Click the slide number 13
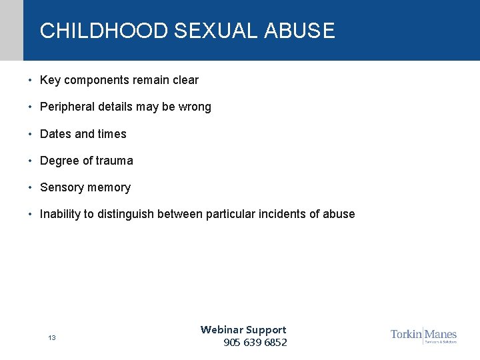click(51, 338)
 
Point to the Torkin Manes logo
click(423, 335)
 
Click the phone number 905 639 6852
click(255, 343)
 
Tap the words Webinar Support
click(243, 329)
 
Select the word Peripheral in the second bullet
click(67, 107)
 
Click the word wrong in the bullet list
click(195, 107)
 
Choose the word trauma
click(114, 161)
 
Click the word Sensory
click(62, 187)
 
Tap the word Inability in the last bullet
click(61, 214)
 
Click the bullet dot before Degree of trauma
click(31, 161)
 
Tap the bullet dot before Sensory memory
click(31, 187)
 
